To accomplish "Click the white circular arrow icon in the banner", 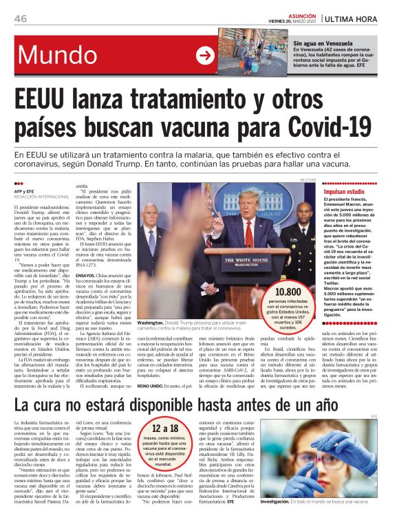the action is (x=205, y=56).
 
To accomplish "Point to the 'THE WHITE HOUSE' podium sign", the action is (x=237, y=261).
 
